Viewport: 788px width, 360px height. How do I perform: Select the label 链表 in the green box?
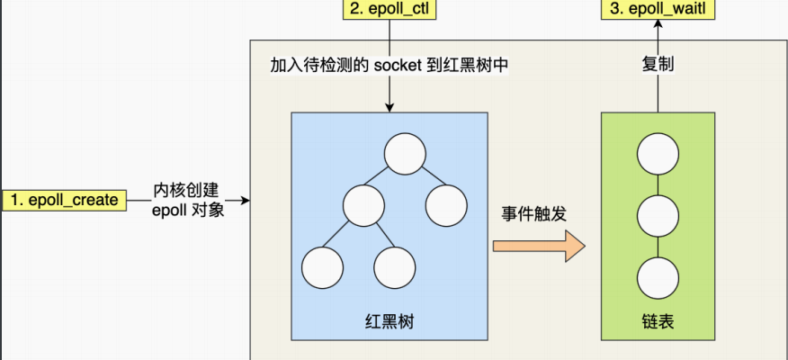658,321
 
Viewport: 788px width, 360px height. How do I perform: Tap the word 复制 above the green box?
658,65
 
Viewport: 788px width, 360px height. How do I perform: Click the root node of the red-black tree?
404,154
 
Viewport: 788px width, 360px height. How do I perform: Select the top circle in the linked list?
658,154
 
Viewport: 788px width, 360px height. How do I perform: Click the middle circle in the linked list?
658,215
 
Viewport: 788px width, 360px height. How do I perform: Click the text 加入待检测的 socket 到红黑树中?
390,66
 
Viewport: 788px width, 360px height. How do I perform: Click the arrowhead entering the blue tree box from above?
389,107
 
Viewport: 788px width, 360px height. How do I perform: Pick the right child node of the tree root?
445,206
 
